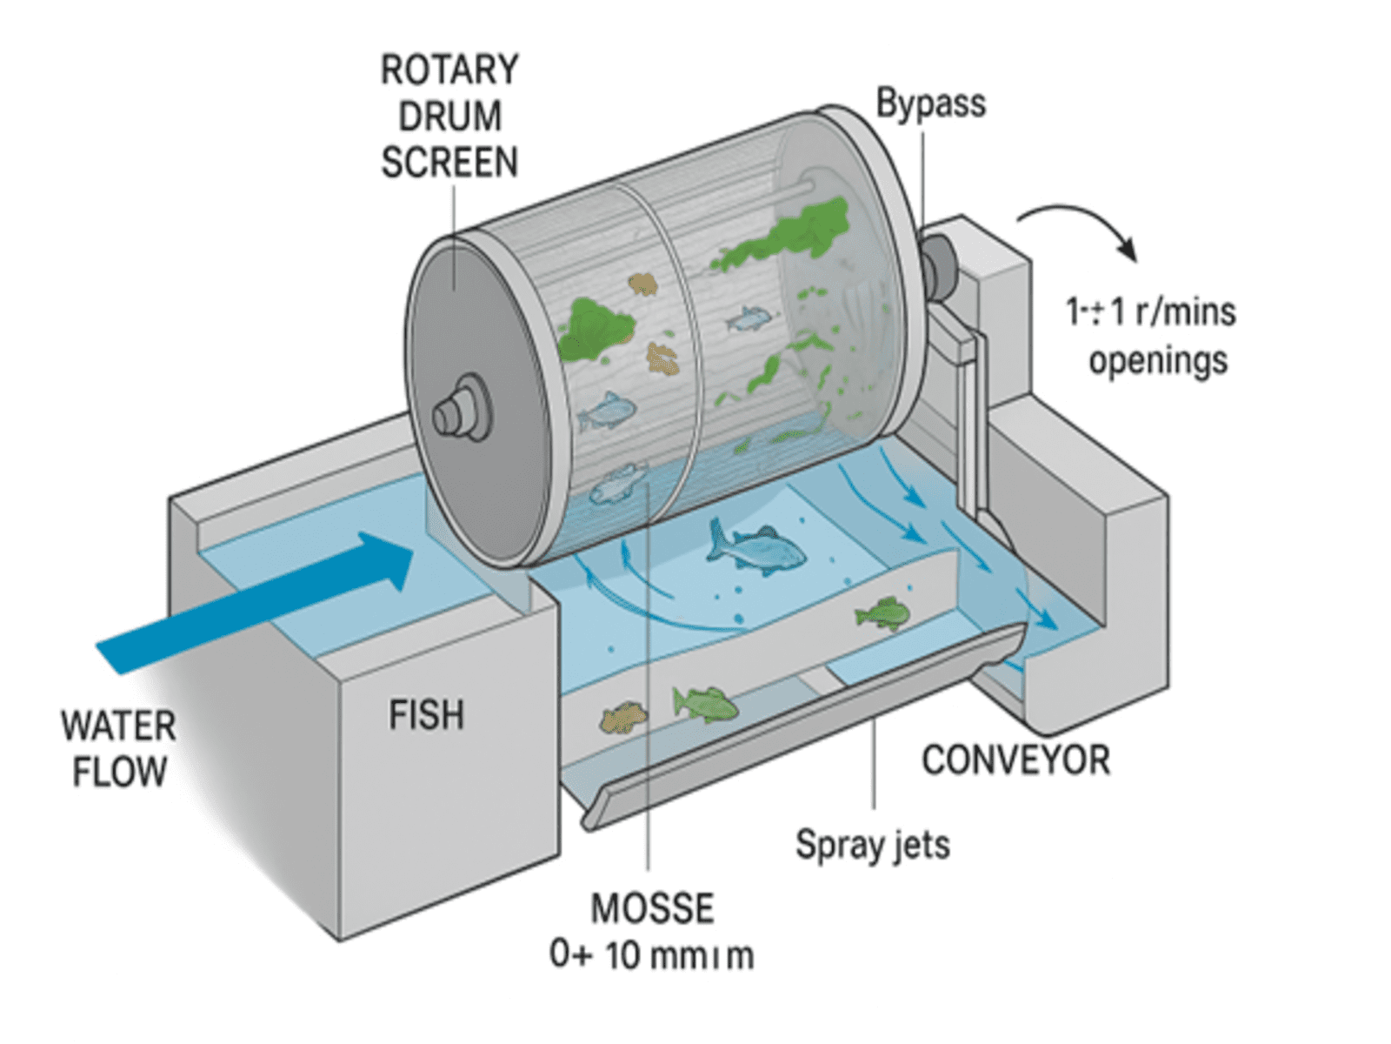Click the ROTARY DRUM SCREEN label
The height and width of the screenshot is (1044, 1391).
(x=449, y=117)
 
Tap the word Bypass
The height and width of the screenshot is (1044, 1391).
(x=930, y=104)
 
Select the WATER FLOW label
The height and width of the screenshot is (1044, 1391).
(x=119, y=748)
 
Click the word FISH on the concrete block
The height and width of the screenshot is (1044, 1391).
(x=426, y=715)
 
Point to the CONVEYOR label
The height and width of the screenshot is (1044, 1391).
(x=1015, y=760)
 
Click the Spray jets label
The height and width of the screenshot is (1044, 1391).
(x=873, y=845)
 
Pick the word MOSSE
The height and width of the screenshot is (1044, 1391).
(x=652, y=909)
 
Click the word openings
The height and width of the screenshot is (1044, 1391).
(x=1158, y=359)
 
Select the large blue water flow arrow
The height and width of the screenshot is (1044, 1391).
(x=261, y=600)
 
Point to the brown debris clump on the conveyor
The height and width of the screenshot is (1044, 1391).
(x=623, y=719)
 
